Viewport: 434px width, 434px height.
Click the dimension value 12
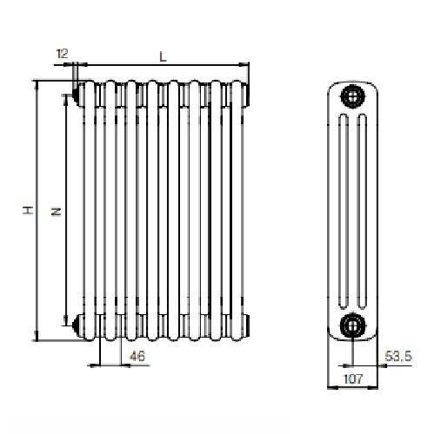point(62,54)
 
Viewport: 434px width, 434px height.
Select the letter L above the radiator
point(163,56)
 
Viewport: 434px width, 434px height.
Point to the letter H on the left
point(27,211)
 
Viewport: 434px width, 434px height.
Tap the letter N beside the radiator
point(55,211)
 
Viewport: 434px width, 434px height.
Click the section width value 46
point(137,356)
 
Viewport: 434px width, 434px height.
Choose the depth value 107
point(352,378)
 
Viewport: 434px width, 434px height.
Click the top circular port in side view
point(352,95)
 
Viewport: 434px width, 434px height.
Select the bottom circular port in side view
point(352,325)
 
